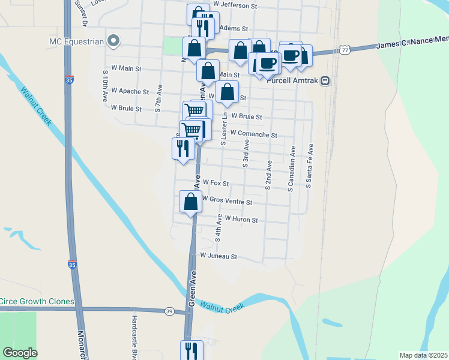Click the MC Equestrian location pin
pyautogui.click(x=113, y=41)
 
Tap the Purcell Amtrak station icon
pyautogui.click(x=325, y=80)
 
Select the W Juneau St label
pyautogui.click(x=219, y=256)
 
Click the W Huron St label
pyautogui.click(x=241, y=220)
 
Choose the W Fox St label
pyautogui.click(x=216, y=182)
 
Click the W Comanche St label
pyautogui.click(x=253, y=134)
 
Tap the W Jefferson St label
pyautogui.click(x=235, y=5)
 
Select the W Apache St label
pyautogui.click(x=129, y=92)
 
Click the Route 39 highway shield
pyautogui.click(x=169, y=311)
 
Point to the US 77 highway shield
pyautogui.click(x=344, y=50)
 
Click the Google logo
pyautogui.click(x=20, y=352)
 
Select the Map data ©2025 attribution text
pyautogui.click(x=423, y=355)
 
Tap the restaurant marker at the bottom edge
pyautogui.click(x=191, y=350)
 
